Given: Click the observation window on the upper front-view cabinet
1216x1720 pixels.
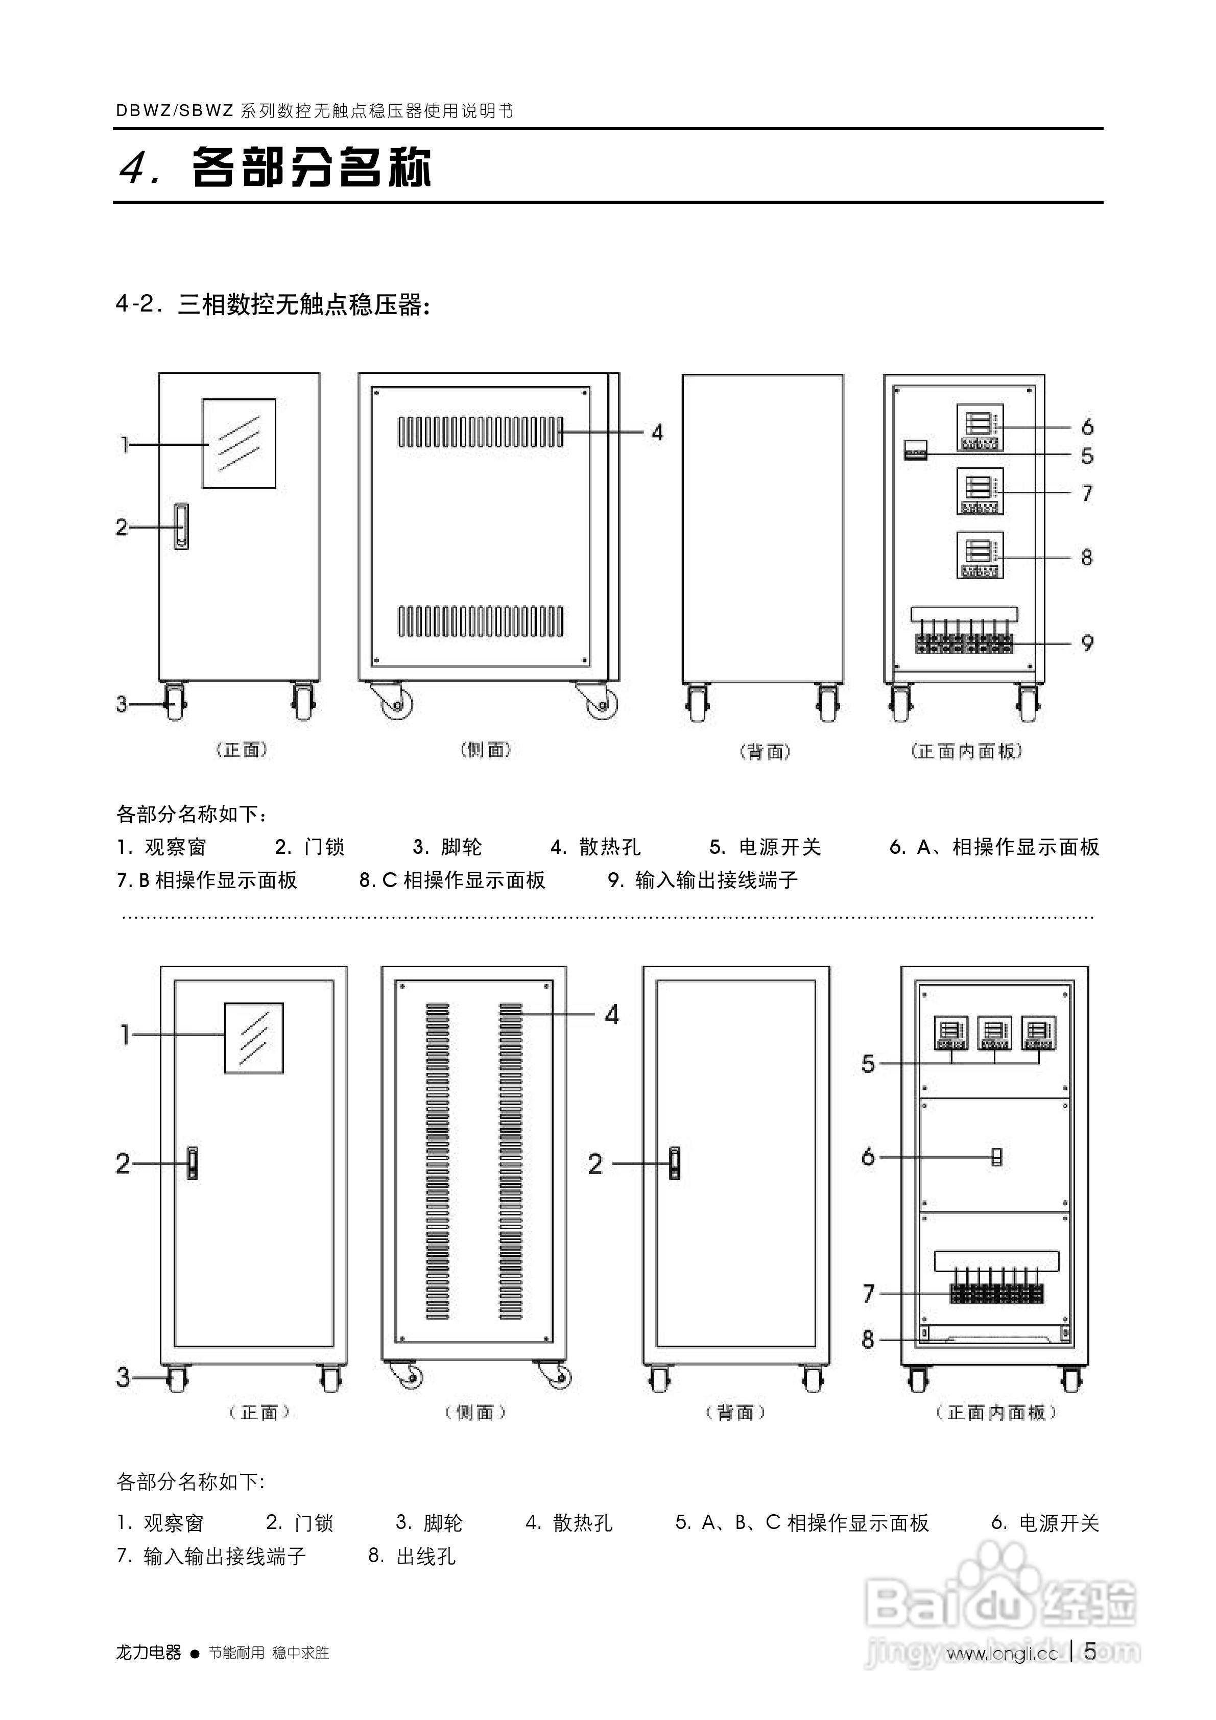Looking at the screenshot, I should tap(239, 443).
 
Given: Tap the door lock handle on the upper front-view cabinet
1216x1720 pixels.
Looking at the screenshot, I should tap(181, 527).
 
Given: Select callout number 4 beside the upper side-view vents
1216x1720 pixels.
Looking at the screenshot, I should tap(656, 432).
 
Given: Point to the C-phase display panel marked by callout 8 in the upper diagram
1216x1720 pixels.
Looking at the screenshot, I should tap(979, 555).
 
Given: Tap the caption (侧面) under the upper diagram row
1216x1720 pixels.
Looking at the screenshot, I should tap(486, 750).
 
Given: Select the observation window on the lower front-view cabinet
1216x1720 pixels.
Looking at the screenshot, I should tap(254, 1038).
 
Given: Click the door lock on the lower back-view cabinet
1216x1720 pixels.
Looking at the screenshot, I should tap(674, 1163).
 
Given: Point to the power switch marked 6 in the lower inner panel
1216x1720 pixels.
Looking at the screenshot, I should tap(996, 1157).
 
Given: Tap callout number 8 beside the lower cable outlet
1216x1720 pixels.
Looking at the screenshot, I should tap(868, 1339).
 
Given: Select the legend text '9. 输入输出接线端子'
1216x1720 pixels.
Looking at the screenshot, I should tap(702, 880).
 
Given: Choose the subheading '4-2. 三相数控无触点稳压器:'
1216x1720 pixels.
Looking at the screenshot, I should tap(273, 305).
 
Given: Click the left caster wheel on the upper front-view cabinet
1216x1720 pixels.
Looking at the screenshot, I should tap(175, 703).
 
